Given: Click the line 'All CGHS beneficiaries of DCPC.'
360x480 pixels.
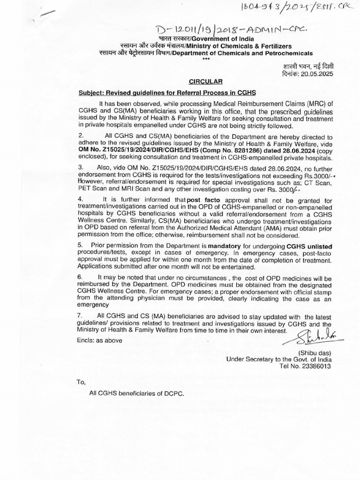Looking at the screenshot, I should click(136, 393).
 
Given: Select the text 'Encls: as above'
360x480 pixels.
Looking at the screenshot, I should click(100, 341).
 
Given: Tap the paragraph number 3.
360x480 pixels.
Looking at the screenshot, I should click(80, 166).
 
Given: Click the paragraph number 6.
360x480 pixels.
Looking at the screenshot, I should click(80, 277).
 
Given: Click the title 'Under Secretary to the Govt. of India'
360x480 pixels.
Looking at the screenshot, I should click(278, 359).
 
